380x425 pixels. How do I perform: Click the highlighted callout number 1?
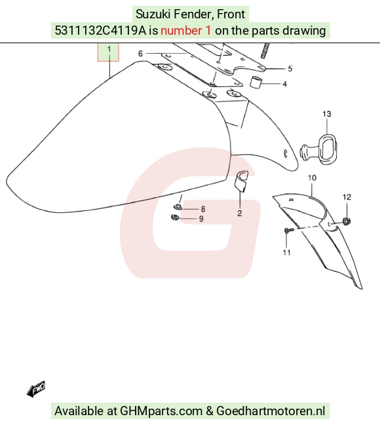pyautogui.click(x=109, y=50)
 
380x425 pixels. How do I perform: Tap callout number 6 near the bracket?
pyautogui.click(x=140, y=54)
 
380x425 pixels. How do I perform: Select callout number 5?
pyautogui.click(x=290, y=69)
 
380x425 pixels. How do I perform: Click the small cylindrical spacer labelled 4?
pyautogui.click(x=256, y=82)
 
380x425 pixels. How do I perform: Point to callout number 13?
pyautogui.click(x=327, y=114)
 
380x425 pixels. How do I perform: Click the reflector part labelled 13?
pyautogui.click(x=319, y=149)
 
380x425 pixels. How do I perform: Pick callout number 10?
pyautogui.click(x=313, y=178)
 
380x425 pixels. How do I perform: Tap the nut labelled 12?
pyautogui.click(x=347, y=221)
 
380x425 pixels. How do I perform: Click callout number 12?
pyautogui.click(x=347, y=197)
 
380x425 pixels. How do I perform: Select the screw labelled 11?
pyautogui.click(x=289, y=231)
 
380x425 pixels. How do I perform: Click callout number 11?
pyautogui.click(x=287, y=253)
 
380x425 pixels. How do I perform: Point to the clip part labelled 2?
pyautogui.click(x=241, y=181)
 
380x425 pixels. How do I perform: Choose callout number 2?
pyautogui.click(x=240, y=213)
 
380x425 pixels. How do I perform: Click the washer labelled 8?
pyautogui.click(x=178, y=207)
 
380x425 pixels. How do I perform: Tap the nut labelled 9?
pyautogui.click(x=175, y=217)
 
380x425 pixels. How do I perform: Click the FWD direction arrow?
pyautogui.click(x=36, y=389)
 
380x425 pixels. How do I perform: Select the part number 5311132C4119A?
pyautogui.click(x=100, y=30)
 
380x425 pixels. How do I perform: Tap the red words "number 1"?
pyautogui.click(x=186, y=30)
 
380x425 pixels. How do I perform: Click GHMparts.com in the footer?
pyautogui.click(x=161, y=411)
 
